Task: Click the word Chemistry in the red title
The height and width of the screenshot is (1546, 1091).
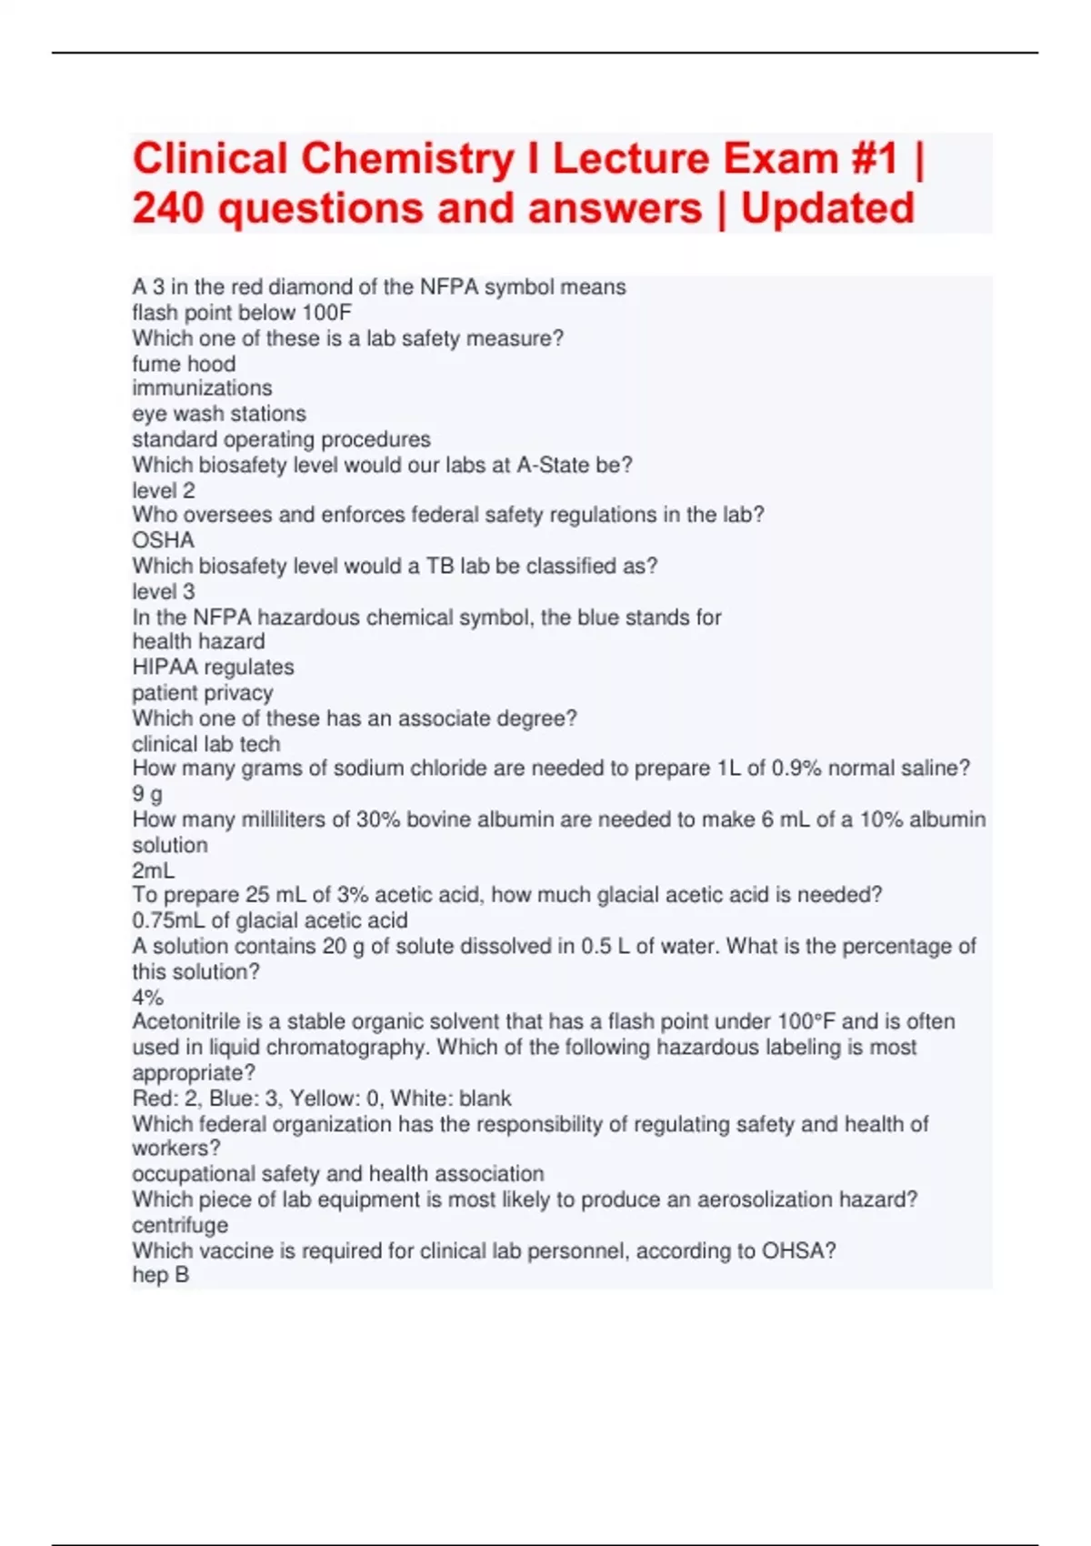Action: (x=406, y=158)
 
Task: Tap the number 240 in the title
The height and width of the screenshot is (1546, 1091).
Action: (x=168, y=207)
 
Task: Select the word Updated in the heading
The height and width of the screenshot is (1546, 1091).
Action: (x=827, y=207)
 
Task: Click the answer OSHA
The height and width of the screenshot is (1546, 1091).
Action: (x=163, y=540)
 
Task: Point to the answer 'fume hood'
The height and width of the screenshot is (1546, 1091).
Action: (x=184, y=364)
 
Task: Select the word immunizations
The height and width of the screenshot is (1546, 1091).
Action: (x=202, y=388)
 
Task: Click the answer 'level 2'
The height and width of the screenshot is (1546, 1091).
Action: (x=163, y=490)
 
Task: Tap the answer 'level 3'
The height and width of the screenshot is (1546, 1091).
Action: (x=163, y=591)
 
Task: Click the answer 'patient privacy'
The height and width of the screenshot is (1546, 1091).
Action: (x=202, y=692)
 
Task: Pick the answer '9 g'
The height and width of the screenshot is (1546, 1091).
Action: (x=147, y=794)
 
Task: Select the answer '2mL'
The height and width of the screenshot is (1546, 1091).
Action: (x=153, y=870)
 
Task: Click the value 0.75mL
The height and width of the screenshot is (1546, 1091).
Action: (x=168, y=920)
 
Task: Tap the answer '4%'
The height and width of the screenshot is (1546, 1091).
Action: (x=147, y=997)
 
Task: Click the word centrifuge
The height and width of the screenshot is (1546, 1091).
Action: (x=180, y=1225)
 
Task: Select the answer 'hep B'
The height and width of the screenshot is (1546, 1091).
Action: (x=160, y=1275)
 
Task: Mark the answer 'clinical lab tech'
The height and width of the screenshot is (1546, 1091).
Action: (x=205, y=744)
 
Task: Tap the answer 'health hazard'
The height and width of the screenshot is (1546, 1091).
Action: (x=198, y=641)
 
